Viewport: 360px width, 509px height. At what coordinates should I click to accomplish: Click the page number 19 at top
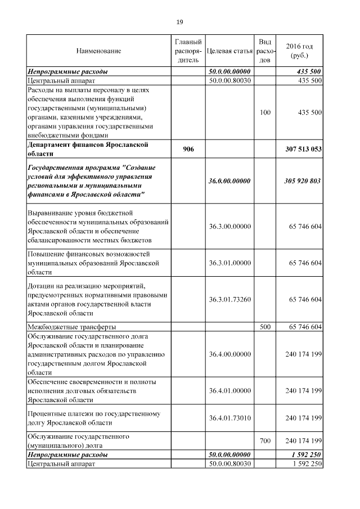tap(179, 22)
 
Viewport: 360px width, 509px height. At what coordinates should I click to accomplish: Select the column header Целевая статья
tap(229, 51)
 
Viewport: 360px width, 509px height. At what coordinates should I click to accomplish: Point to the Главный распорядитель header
tap(188, 51)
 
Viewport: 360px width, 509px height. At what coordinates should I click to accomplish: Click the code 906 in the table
tap(188, 149)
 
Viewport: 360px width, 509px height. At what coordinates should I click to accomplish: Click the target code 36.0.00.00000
tap(229, 181)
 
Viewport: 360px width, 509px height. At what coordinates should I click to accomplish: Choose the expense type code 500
tap(265, 327)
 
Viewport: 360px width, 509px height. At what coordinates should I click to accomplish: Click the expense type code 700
tap(265, 441)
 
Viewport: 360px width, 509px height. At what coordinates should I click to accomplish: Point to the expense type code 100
tap(265, 112)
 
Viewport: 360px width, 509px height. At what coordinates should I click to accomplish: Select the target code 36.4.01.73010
tap(229, 418)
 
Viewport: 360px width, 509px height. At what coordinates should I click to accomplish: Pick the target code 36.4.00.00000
tap(229, 354)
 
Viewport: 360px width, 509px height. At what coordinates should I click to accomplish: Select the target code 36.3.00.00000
tap(229, 226)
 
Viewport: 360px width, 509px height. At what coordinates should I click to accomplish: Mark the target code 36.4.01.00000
tap(229, 390)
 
